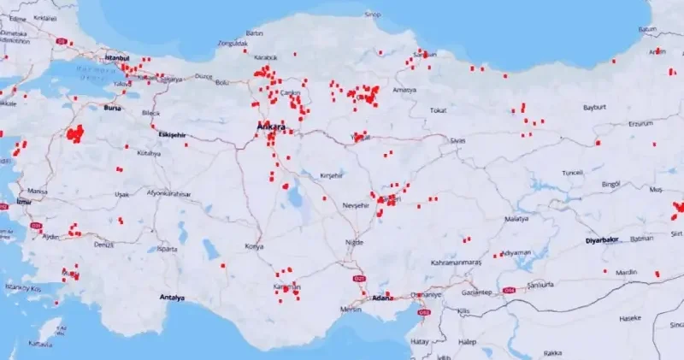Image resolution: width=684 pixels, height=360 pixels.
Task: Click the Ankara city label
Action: coord(271,127)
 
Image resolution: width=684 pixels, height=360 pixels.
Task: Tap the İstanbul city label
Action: coord(116,57)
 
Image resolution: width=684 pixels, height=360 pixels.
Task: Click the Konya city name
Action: coord(254,246)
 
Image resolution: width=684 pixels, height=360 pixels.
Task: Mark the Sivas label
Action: coord(457,139)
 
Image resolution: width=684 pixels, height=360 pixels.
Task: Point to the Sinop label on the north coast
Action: coord(372,14)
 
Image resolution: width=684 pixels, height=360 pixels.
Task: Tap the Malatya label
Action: coord(517,219)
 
